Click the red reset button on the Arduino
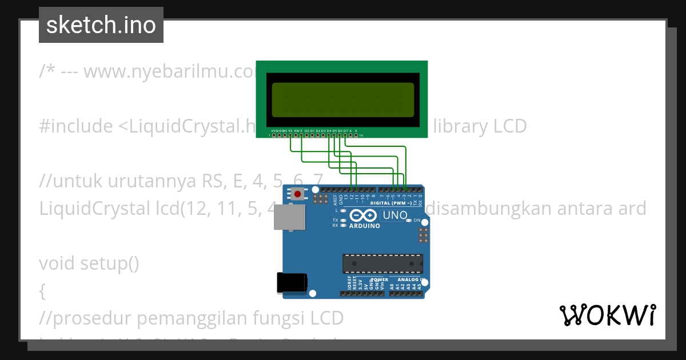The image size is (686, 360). click(x=297, y=194)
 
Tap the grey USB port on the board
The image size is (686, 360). click(x=286, y=218)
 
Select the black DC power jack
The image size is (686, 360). click(x=292, y=282)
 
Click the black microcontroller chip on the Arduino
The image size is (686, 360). click(x=382, y=263)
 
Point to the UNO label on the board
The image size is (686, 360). click(x=394, y=215)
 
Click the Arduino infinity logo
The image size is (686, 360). click(x=363, y=215)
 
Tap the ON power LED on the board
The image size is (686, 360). click(x=408, y=221)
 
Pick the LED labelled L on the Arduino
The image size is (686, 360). click(x=342, y=211)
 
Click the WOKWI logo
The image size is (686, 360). click(x=607, y=315)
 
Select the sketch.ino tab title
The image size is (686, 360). click(x=101, y=25)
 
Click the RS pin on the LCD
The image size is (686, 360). click(x=290, y=135)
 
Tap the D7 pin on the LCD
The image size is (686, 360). click(x=345, y=135)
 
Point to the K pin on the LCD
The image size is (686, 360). click(x=356, y=135)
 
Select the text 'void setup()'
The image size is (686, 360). click(x=89, y=263)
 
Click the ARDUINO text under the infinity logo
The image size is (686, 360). click(x=364, y=226)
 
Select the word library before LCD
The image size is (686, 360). click(x=460, y=126)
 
